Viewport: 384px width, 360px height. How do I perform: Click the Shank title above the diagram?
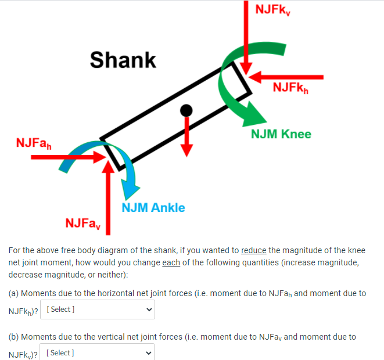tap(123, 60)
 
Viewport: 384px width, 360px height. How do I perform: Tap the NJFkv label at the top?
tap(272, 9)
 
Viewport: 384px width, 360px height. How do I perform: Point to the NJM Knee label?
tap(281, 134)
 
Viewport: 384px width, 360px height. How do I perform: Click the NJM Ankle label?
tap(153, 207)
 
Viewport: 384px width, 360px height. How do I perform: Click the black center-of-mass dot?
tap(186, 110)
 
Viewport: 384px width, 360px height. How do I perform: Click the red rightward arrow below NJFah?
tap(64, 156)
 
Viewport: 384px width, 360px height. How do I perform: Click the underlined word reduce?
tap(253, 251)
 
